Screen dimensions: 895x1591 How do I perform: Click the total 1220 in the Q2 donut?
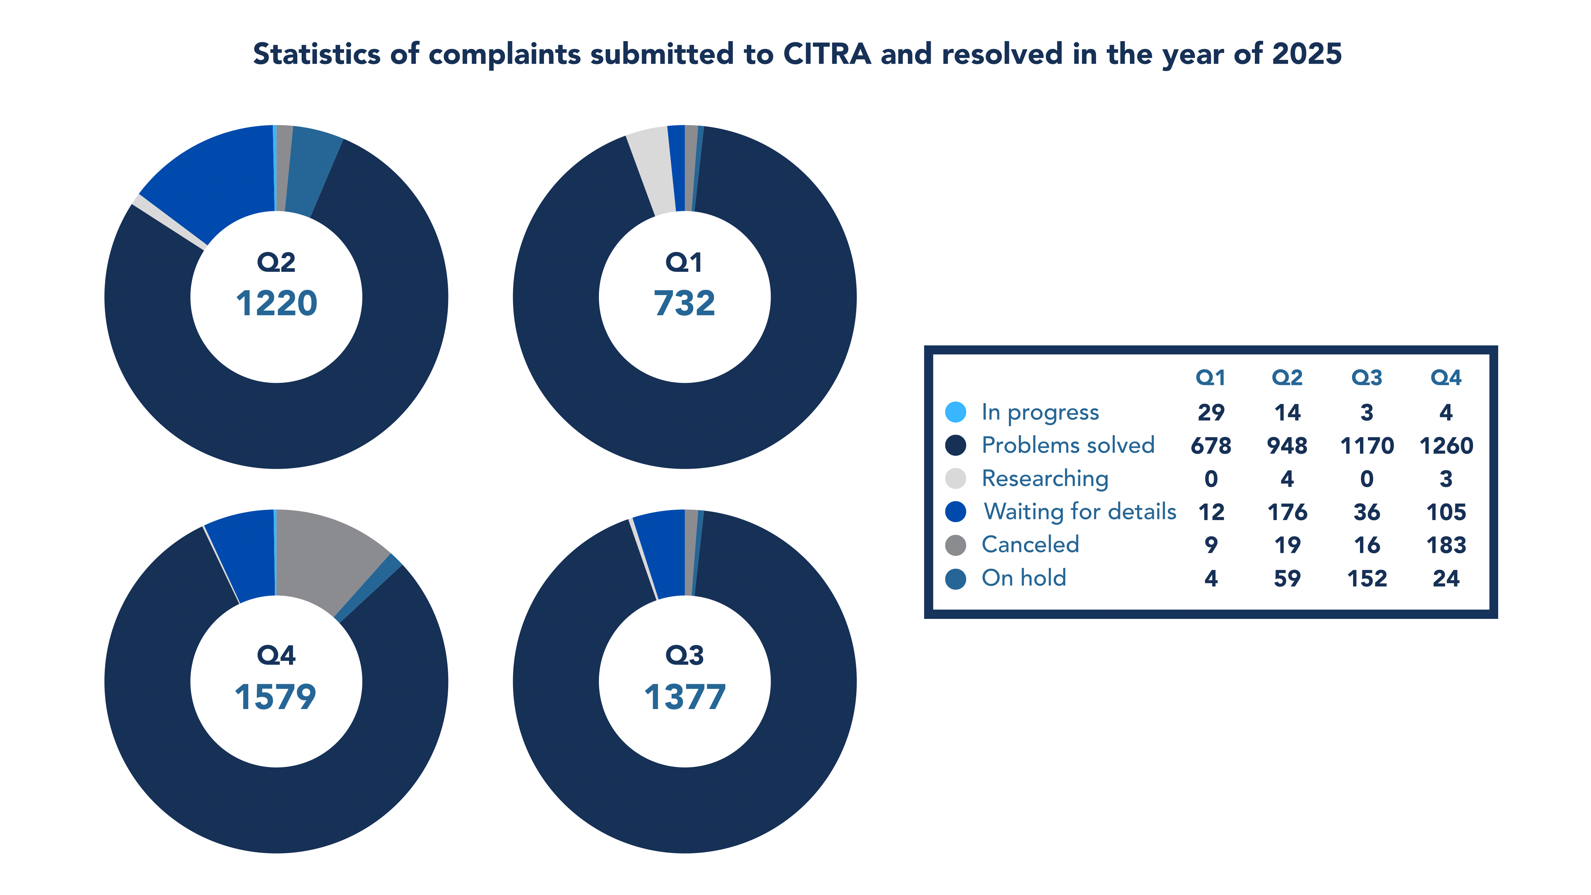click(x=276, y=303)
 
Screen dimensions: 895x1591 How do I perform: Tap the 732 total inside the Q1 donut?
click(x=684, y=303)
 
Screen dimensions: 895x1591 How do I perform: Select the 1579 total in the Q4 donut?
click(x=275, y=697)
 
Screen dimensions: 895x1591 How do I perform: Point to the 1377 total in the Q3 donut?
click(x=684, y=697)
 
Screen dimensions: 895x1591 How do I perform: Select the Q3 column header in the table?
click(x=1366, y=378)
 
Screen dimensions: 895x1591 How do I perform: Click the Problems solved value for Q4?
click(x=1446, y=445)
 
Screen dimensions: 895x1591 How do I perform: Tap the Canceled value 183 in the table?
click(x=1446, y=545)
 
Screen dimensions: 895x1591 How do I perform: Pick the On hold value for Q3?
click(x=1367, y=578)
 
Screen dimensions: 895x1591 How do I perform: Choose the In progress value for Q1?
click(x=1210, y=412)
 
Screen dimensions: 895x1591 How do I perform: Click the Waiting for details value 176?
click(x=1287, y=512)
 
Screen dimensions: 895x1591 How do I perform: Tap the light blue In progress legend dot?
click(x=956, y=412)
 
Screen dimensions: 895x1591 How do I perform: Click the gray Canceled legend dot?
click(x=956, y=545)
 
